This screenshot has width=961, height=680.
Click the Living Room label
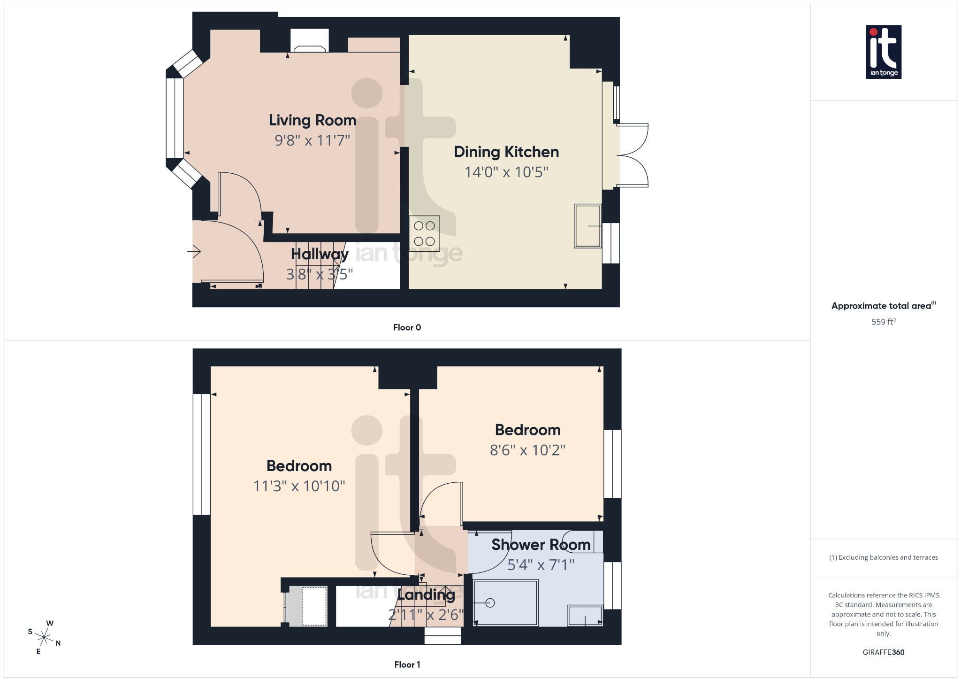pos(313,120)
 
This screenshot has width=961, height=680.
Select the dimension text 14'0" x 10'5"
pos(506,172)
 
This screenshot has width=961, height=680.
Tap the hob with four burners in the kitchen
pos(424,233)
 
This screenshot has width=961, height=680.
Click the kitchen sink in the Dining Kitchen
pos(587,226)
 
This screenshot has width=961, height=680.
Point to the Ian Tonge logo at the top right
pos(883,52)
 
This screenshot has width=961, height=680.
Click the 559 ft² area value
pos(883,322)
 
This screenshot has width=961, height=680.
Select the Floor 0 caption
pos(407,327)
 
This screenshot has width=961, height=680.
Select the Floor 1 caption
pos(407,665)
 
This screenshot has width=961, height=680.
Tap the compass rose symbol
pos(45,637)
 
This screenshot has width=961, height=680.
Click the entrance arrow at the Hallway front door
pos(194,252)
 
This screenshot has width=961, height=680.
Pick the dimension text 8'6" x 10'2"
pos(527,450)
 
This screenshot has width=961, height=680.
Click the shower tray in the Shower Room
pos(505,603)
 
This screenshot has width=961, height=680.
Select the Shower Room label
pos(541,545)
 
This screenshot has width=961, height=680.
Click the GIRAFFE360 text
pos(883,652)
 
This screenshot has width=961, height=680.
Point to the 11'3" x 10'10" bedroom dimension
pos(299,486)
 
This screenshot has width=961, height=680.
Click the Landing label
pos(426,595)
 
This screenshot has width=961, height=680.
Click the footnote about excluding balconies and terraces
pos(883,557)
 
